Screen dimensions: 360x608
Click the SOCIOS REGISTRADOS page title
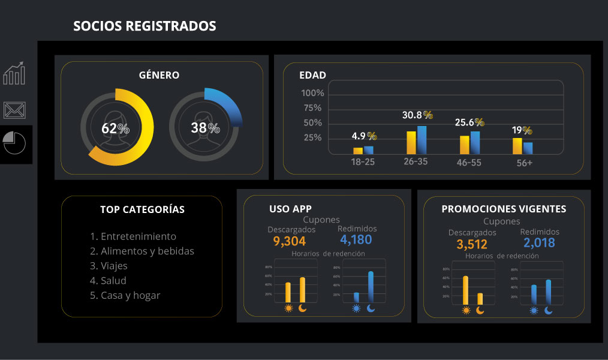point(145,26)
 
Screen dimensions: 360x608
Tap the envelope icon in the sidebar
point(14,109)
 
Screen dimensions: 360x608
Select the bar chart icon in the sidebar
point(14,73)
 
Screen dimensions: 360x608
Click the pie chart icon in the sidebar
point(14,143)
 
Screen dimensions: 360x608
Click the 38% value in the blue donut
point(205,128)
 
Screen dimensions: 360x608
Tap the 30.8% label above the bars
point(417,115)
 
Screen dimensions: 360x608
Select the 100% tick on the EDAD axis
point(312,93)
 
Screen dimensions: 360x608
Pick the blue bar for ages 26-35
point(422,140)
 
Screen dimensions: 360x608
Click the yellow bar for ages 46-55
point(464,145)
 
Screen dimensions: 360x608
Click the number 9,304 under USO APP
point(289,241)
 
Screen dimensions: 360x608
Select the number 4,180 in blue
point(356,240)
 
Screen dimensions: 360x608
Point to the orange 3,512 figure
point(471,244)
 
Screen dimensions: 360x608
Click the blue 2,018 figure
point(539,243)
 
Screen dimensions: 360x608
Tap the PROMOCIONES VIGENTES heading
point(504,209)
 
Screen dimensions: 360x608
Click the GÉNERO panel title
point(159,75)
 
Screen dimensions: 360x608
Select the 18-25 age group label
point(363,162)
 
